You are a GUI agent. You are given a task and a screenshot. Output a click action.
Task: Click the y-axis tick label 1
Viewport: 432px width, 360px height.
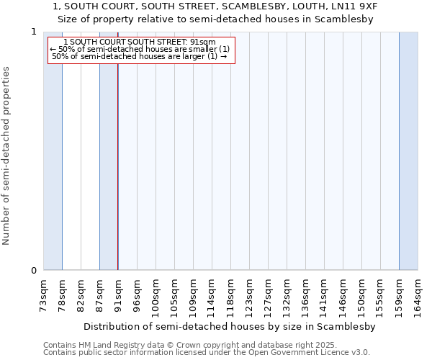pos(33,32)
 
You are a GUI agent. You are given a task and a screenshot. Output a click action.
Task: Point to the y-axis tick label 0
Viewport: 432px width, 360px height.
pos(33,271)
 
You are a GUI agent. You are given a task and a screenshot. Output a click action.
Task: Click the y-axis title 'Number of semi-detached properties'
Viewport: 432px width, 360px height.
pos(6,156)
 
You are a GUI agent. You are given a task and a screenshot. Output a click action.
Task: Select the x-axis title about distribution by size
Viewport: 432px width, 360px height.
pos(230,326)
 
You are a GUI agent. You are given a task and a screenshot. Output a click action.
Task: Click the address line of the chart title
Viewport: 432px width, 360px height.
pos(215,6)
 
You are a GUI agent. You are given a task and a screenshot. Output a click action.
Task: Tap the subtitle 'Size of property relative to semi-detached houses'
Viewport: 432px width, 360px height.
pos(215,19)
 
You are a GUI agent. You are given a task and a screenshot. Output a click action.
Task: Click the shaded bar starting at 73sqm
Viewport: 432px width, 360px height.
pos(53,151)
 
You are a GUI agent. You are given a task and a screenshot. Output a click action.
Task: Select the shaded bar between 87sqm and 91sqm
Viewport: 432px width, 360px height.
pos(109,151)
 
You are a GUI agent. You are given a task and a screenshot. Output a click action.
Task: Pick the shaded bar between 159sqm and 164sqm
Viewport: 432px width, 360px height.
pos(408,151)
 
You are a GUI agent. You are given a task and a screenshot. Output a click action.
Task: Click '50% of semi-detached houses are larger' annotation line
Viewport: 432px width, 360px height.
pos(140,56)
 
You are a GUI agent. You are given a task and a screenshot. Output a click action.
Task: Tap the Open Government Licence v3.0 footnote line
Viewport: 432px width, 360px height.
pos(206,353)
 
